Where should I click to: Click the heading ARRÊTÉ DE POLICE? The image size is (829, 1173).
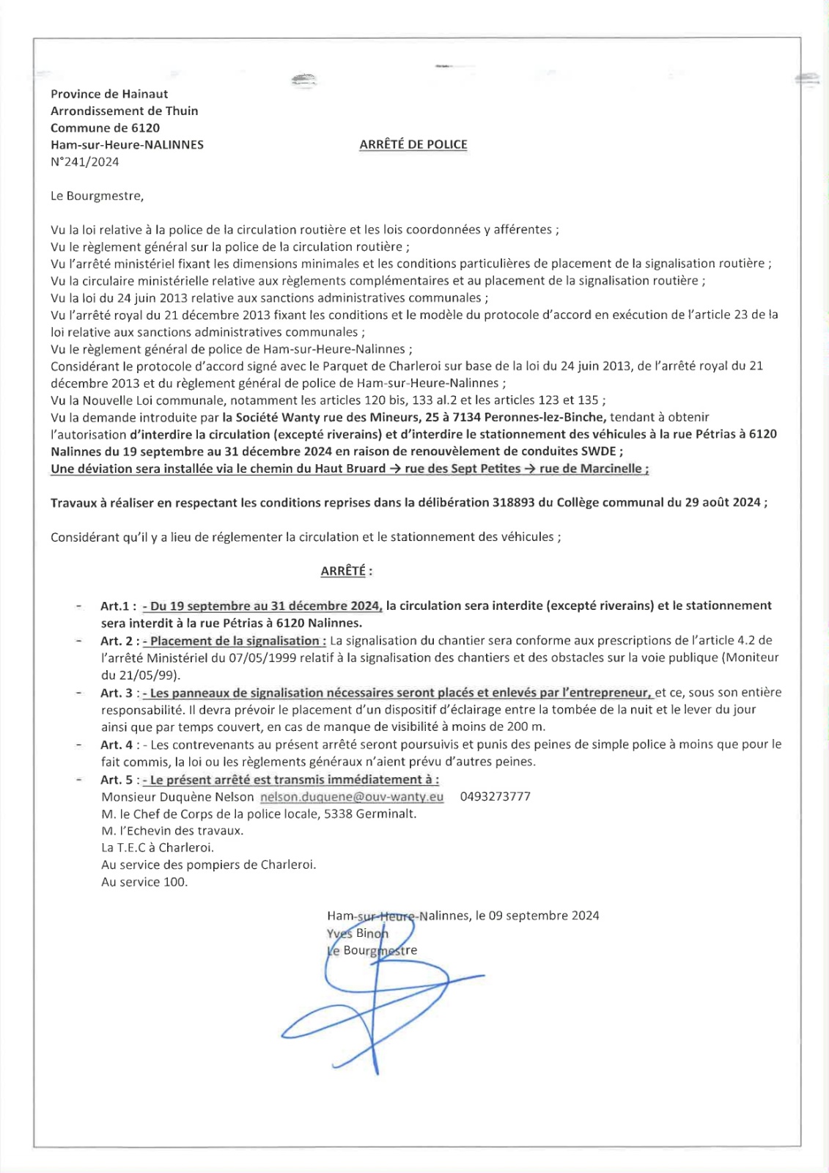(x=413, y=144)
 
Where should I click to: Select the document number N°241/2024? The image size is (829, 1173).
(x=84, y=162)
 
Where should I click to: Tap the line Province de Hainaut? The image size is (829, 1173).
(x=109, y=94)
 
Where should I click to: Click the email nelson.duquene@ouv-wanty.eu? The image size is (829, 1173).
(x=352, y=797)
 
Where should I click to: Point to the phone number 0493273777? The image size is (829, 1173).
(x=495, y=797)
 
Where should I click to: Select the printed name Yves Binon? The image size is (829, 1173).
(x=358, y=933)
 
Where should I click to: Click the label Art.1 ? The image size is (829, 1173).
(x=118, y=606)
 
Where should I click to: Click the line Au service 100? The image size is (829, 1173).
(x=144, y=882)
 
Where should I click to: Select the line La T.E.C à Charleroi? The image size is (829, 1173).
(x=158, y=847)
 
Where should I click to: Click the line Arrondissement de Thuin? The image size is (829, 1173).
(x=124, y=111)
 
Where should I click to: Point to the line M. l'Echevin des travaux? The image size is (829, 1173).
(x=172, y=831)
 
